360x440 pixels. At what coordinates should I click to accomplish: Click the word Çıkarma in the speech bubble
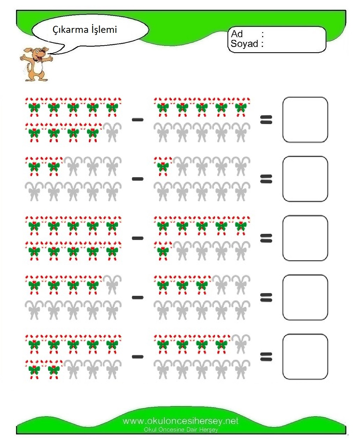click(x=71, y=30)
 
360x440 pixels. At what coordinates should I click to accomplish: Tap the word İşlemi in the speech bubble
click(x=104, y=29)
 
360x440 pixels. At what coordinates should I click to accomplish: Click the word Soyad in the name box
click(x=244, y=44)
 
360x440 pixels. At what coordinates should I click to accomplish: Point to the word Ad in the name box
click(x=237, y=34)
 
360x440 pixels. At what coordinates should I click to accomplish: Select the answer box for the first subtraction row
click(x=305, y=119)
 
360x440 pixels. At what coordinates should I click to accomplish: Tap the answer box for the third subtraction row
click(x=305, y=238)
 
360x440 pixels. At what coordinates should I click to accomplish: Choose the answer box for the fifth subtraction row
click(x=305, y=357)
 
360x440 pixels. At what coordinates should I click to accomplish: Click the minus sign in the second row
click(x=138, y=179)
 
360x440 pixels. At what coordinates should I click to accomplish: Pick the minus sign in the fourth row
click(x=138, y=297)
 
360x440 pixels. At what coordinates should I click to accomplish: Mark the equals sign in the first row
click(x=266, y=120)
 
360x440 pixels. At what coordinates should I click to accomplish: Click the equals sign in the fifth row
click(x=266, y=357)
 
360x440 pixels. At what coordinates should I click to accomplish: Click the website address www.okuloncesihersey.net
click(x=180, y=421)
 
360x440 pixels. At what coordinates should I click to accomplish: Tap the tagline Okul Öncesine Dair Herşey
click(x=181, y=430)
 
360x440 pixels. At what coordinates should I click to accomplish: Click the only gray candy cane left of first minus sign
click(x=112, y=132)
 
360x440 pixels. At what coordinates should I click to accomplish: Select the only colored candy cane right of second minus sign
click(x=163, y=167)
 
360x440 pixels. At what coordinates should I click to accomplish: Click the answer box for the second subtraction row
click(x=305, y=179)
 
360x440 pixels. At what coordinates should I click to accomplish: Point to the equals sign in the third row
click(x=266, y=238)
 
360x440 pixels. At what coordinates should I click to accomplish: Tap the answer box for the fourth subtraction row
click(x=305, y=297)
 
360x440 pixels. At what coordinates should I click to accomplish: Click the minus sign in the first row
click(x=138, y=119)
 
